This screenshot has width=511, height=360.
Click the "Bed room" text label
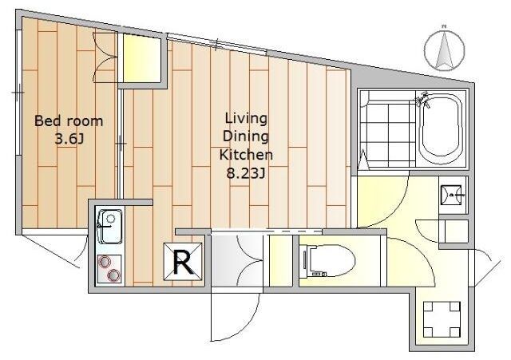point(69,121)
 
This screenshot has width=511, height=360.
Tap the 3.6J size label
point(69,140)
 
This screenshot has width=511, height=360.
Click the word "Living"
point(246,119)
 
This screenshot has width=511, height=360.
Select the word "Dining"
point(246,136)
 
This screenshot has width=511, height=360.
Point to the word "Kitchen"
point(246,155)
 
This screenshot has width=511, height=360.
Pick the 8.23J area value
point(246,173)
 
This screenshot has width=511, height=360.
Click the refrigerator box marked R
point(183,262)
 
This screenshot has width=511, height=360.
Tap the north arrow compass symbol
point(444,50)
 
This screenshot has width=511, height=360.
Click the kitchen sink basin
point(110,227)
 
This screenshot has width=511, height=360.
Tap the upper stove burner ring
point(105,263)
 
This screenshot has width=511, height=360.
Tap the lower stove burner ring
point(113,275)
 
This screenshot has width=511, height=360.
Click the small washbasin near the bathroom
point(451,195)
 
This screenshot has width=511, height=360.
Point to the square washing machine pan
point(442,319)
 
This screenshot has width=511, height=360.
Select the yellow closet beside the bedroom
point(142,58)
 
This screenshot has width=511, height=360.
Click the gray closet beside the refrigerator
point(237,260)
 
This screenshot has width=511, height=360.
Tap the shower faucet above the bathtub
point(422,99)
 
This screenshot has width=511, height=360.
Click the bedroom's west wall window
point(18,93)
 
